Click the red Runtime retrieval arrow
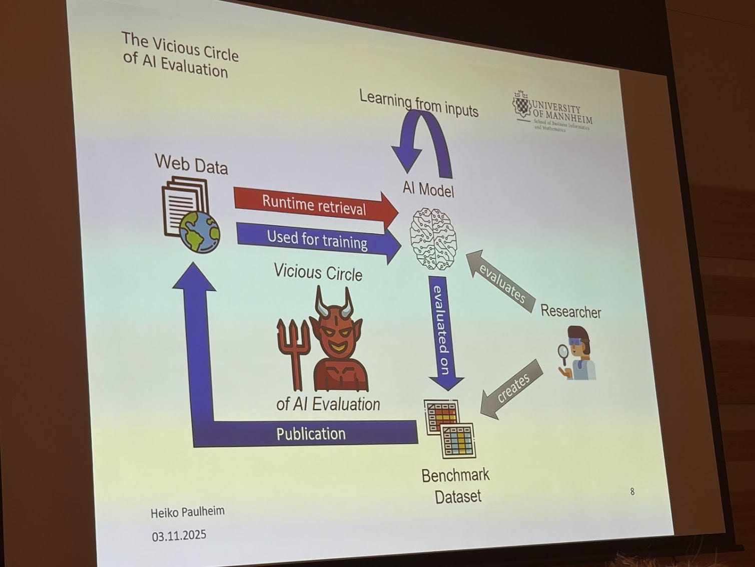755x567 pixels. [x=314, y=204]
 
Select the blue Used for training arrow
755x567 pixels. [x=317, y=240]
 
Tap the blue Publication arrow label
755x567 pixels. [x=311, y=433]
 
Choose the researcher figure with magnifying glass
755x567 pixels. [x=577, y=353]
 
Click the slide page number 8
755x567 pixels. [x=632, y=491]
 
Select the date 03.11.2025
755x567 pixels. [x=179, y=535]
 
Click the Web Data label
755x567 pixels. [x=191, y=164]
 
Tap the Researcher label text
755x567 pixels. [x=570, y=312]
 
